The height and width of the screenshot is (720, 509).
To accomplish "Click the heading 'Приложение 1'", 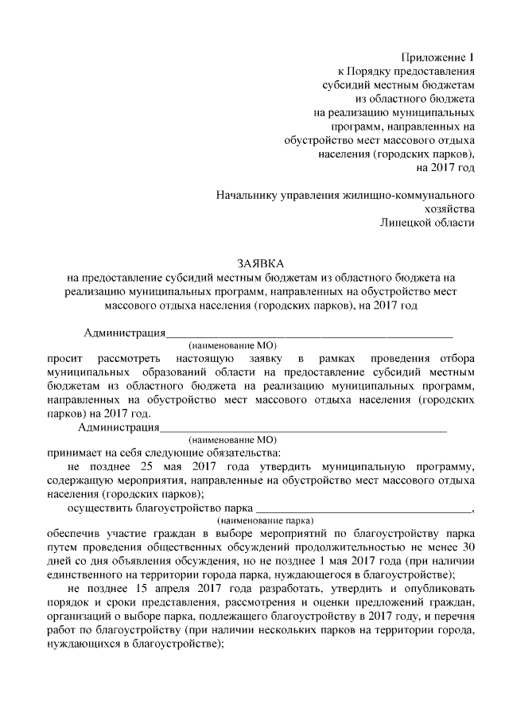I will pyautogui.click(x=437, y=57).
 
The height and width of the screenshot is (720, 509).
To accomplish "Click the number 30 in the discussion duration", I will pyautogui.click(x=468, y=547).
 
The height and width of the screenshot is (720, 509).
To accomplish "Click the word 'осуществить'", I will pyautogui.click(x=100, y=506).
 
